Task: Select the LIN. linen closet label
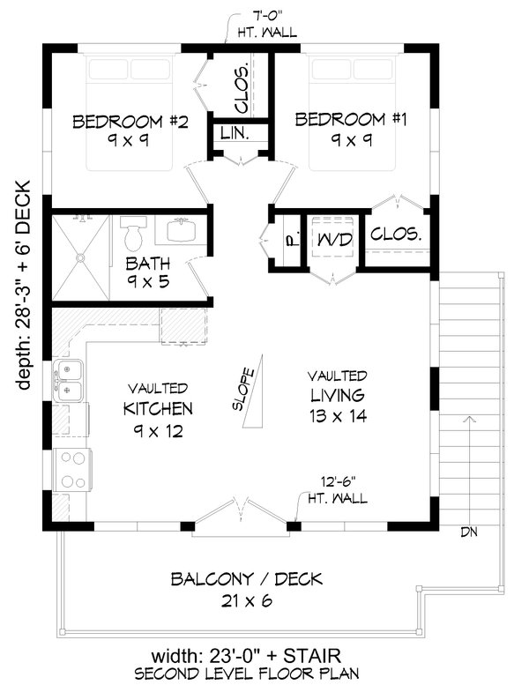[235, 135]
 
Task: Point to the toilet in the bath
[133, 234]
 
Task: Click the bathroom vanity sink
[183, 232]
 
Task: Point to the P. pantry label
[288, 238]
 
